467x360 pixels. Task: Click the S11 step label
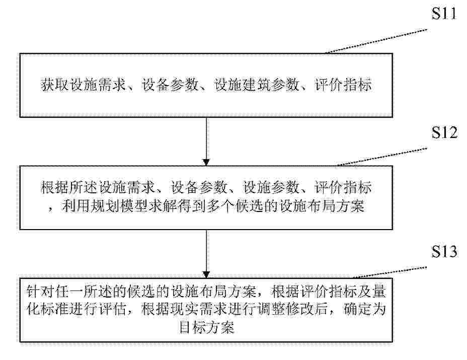pos(444,14)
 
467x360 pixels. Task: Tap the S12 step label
pos(444,132)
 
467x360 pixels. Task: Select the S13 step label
pos(444,251)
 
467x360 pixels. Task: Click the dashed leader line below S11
pos(376,41)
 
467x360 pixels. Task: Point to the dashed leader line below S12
pos(382,157)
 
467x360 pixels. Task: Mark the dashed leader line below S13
pos(390,272)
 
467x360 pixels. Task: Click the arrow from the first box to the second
pos(206,141)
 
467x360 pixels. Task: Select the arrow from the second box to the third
pos(206,254)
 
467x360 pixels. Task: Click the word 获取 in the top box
pos(54,85)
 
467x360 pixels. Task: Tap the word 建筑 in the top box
pos(257,85)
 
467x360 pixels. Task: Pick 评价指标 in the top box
pos(343,85)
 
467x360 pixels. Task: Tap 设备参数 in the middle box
pos(198,188)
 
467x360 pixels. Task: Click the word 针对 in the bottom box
pos(40,292)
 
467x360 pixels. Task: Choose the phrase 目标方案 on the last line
pos(206,327)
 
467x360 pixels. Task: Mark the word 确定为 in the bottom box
pos(365,309)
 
